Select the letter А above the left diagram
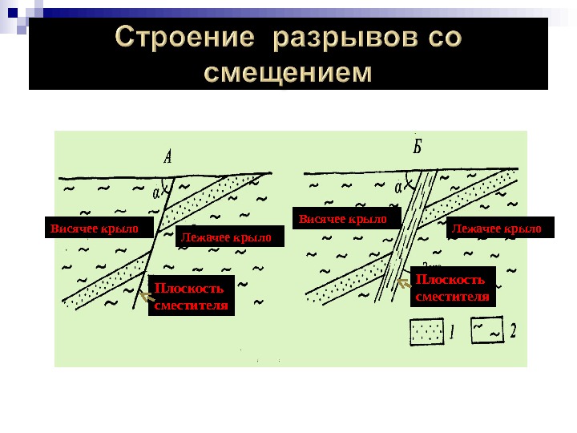pyautogui.click(x=167, y=156)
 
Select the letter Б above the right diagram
pyautogui.click(x=418, y=148)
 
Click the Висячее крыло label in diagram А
pyautogui.click(x=95, y=229)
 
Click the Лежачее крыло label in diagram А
pyautogui.click(x=226, y=237)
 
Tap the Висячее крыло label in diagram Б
pyautogui.click(x=343, y=219)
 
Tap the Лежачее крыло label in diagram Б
pyautogui.click(x=497, y=229)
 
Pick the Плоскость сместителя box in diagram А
pyautogui.click(x=191, y=296)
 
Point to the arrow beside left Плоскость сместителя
pyautogui.click(x=145, y=297)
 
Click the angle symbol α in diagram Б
pyautogui.click(x=398, y=187)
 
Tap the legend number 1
pyautogui.click(x=452, y=330)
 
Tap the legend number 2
pyautogui.click(x=514, y=330)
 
